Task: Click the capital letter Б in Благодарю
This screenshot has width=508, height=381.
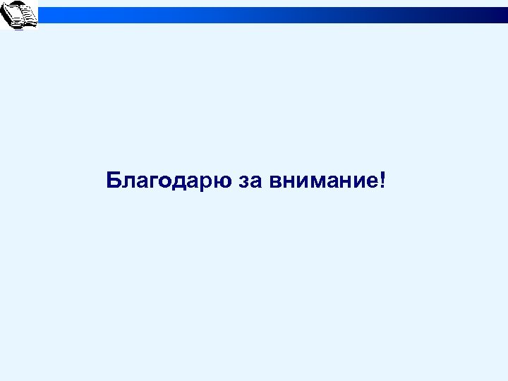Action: pyautogui.click(x=114, y=180)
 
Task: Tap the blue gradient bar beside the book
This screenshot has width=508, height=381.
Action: pyautogui.click(x=272, y=15)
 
